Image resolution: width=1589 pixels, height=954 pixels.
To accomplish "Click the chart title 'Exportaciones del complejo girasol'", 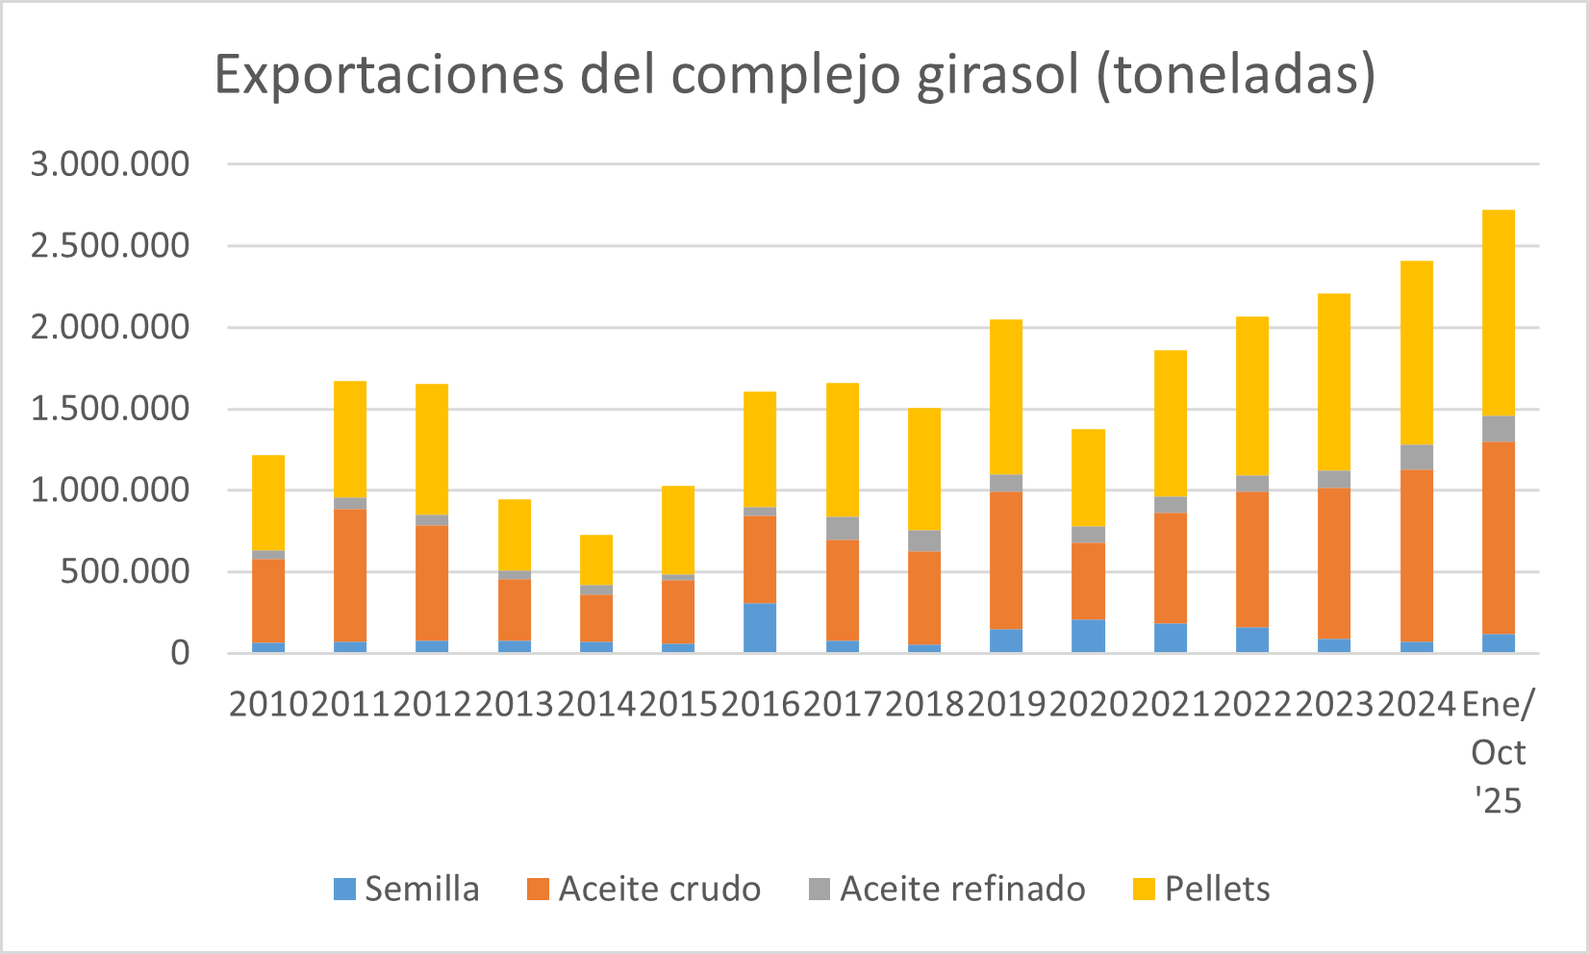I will [794, 75].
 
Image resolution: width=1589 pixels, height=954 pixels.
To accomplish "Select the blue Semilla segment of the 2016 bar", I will [760, 628].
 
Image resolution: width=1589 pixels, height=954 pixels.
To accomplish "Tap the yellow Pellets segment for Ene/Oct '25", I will [1499, 313].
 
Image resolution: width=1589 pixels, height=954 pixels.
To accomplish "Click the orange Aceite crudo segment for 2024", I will [1417, 556].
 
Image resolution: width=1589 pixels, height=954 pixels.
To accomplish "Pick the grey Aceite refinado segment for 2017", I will [843, 529].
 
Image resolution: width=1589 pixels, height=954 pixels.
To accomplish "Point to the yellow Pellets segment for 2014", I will [596, 560].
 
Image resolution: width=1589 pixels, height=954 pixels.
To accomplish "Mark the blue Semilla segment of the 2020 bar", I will [1088, 636].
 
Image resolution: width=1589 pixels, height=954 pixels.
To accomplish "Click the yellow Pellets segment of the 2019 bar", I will [1006, 397].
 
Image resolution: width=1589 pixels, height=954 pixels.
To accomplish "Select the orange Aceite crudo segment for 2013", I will [515, 610].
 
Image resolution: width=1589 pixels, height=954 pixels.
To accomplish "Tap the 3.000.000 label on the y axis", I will [111, 164].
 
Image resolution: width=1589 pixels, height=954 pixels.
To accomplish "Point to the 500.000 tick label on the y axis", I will [125, 572].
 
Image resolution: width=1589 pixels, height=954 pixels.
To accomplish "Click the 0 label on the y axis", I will [180, 654].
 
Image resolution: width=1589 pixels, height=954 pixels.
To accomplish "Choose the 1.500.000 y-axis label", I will [111, 410].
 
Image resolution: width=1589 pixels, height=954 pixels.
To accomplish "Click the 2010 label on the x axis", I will [268, 705].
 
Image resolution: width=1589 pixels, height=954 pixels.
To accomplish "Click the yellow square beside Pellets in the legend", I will [1144, 890].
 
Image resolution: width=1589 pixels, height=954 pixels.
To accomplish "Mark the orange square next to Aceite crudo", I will [538, 890].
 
